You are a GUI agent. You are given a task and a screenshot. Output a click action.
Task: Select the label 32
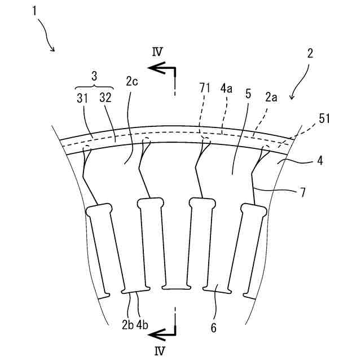tap(105, 98)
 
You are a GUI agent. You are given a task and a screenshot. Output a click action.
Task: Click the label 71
tap(205, 88)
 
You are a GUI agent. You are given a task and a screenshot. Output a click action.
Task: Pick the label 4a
tap(227, 88)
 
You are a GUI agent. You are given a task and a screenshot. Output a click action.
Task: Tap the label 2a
tap(271, 97)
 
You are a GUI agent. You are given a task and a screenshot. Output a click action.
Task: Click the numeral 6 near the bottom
tap(214, 327)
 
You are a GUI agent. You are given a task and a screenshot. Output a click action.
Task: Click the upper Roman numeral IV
tap(157, 51)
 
